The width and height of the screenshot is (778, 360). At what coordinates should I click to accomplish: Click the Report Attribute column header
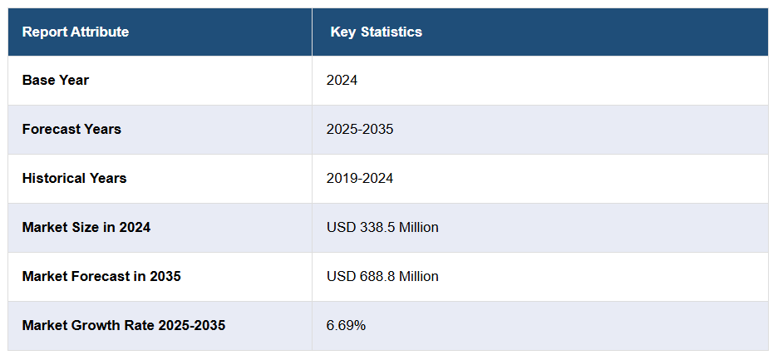point(76,32)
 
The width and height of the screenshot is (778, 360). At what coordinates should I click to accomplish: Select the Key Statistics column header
point(376,32)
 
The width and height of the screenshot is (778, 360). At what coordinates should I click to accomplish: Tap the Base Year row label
point(56,81)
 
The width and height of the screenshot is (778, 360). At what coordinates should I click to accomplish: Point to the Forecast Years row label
point(71,130)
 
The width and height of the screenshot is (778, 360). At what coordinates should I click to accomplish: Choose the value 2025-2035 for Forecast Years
point(360,130)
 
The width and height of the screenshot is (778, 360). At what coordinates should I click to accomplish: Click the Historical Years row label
point(74,178)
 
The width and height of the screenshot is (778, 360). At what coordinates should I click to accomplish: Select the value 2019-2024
point(360,178)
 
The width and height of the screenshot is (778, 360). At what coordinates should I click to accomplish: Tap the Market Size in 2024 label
point(86,227)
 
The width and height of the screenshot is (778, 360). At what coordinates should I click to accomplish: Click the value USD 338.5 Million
point(382,227)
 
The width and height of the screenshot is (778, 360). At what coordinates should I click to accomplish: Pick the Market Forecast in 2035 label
point(101,276)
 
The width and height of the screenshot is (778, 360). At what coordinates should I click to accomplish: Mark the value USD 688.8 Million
point(382,276)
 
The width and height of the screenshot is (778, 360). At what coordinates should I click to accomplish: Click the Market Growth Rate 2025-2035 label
point(124,325)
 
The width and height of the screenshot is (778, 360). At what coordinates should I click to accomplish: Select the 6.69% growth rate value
point(346,325)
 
